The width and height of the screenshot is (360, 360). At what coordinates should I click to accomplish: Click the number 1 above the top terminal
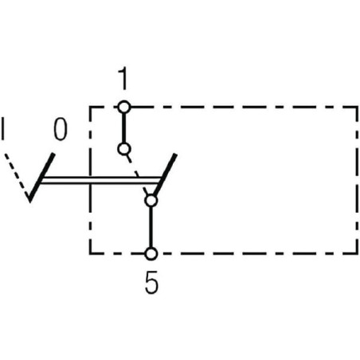pyautogui.click(x=123, y=78)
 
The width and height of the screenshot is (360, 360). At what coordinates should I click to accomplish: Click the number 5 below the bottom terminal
pyautogui.click(x=151, y=282)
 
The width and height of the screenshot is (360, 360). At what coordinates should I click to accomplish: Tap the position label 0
pyautogui.click(x=61, y=129)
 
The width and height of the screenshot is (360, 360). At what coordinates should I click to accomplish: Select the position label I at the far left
pyautogui.click(x=3, y=129)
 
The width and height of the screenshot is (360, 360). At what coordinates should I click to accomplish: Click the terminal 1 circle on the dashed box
pyautogui.click(x=124, y=108)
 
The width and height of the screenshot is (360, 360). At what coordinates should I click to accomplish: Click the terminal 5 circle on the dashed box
pyautogui.click(x=151, y=254)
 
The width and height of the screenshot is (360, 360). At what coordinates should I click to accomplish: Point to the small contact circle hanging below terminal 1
pyautogui.click(x=123, y=149)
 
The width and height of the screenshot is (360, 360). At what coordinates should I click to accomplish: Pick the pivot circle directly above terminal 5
pyautogui.click(x=151, y=201)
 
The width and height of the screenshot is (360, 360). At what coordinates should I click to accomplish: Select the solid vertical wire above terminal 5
pyautogui.click(x=151, y=228)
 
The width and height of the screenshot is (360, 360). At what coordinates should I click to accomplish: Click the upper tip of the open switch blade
pyautogui.click(x=175, y=155)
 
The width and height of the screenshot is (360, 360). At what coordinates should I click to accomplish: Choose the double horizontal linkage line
pyautogui.click(x=101, y=180)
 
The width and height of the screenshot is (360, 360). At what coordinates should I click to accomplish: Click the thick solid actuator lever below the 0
pyautogui.click(x=41, y=178)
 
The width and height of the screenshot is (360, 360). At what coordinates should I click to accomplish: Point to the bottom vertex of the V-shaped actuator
pyautogui.click(x=30, y=202)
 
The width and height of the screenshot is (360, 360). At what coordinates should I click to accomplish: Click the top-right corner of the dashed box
pyautogui.click(x=357, y=108)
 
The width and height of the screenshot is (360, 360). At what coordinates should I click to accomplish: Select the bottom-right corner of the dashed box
pyautogui.click(x=357, y=253)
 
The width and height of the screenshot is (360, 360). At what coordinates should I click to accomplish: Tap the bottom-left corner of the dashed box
pyautogui.click(x=90, y=253)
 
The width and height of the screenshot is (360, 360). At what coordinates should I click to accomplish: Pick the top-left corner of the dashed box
pyautogui.click(x=90, y=108)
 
